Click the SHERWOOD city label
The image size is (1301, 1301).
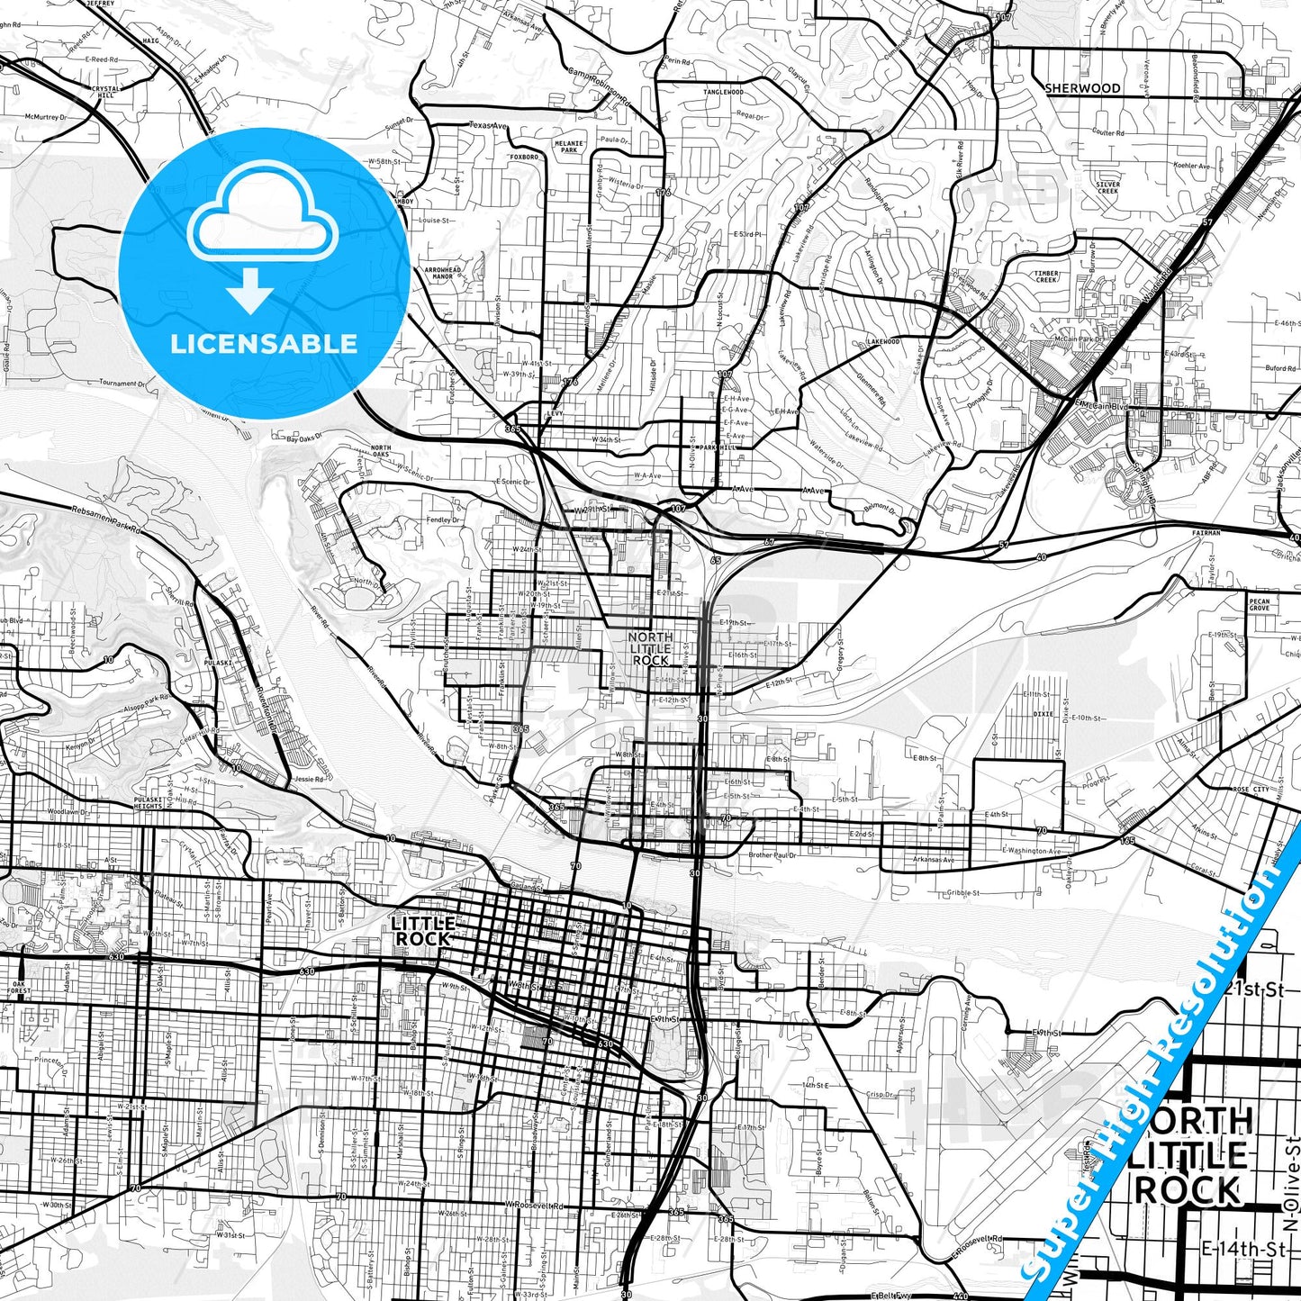click(x=1082, y=88)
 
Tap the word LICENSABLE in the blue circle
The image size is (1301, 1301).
click(x=264, y=344)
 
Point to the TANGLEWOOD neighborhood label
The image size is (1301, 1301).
click(x=723, y=92)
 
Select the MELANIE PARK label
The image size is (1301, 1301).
click(x=569, y=147)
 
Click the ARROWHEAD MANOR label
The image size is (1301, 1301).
click(x=443, y=274)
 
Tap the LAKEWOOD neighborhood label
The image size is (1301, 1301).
click(x=882, y=342)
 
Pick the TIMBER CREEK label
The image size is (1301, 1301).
click(x=1046, y=276)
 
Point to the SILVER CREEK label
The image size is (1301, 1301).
click(x=1107, y=187)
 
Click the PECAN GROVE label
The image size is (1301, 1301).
click(x=1259, y=604)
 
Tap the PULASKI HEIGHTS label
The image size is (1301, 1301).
click(x=148, y=802)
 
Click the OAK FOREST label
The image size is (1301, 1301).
click(x=18, y=987)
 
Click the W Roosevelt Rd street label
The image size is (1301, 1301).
click(x=533, y=1206)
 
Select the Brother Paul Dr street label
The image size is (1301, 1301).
click(x=772, y=854)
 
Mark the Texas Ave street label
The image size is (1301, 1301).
click(x=488, y=125)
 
